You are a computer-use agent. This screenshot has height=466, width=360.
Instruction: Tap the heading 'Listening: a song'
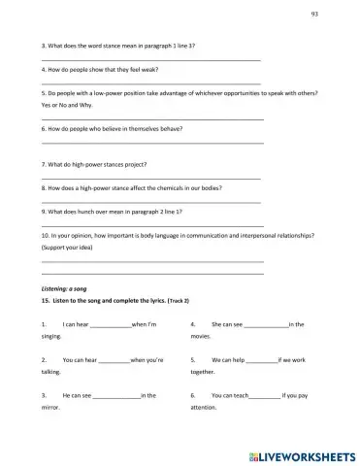coord(64,290)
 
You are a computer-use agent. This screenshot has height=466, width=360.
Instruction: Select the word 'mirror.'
coord(50,408)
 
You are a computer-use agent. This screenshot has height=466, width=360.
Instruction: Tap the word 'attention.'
coord(204,408)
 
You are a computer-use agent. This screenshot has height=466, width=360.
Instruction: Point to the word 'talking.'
coord(50,372)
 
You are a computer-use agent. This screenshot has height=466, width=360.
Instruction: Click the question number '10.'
coord(45,235)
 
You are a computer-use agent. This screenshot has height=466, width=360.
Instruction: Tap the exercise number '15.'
coord(45,302)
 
